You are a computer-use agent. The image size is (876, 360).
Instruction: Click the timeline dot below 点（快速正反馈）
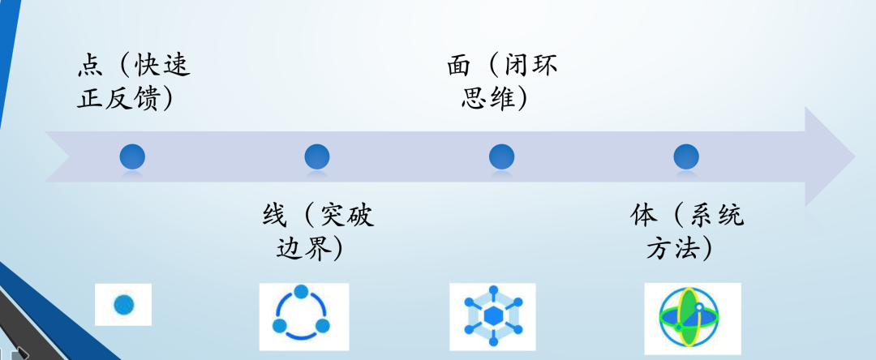pos(132,156)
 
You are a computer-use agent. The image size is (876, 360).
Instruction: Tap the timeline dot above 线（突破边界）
pos(317,156)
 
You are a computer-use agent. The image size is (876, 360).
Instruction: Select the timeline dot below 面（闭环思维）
pos(502,156)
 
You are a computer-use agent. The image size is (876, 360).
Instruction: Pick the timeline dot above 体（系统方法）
pos(686,156)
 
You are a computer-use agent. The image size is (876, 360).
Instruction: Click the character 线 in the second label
pos(273,215)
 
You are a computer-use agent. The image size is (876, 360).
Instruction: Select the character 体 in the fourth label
pos(643,215)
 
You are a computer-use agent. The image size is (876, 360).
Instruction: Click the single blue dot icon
pos(123,305)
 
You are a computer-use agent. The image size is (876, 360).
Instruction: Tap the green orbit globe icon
pos(692,318)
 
